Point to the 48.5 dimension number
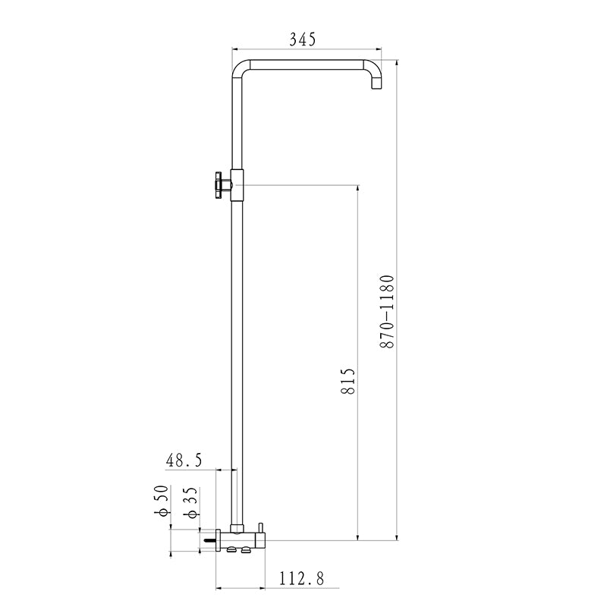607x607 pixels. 184,459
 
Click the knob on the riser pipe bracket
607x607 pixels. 219,185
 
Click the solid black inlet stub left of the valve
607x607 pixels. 207,541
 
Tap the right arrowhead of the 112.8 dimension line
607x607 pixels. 263,587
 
